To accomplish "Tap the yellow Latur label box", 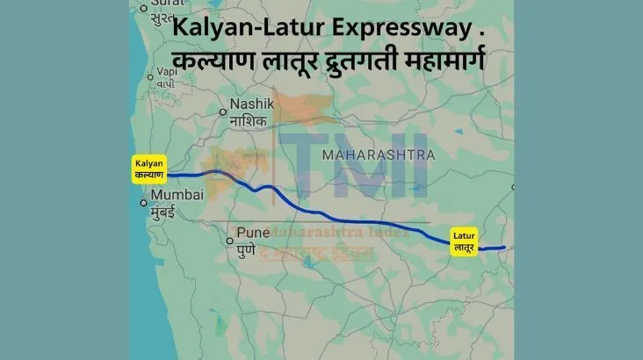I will coord(464,241).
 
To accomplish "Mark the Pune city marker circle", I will coord(229,240).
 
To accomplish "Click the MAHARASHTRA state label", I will coord(379,155).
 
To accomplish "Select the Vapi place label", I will coord(156,76).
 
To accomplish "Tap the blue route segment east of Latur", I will coord(494,248).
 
